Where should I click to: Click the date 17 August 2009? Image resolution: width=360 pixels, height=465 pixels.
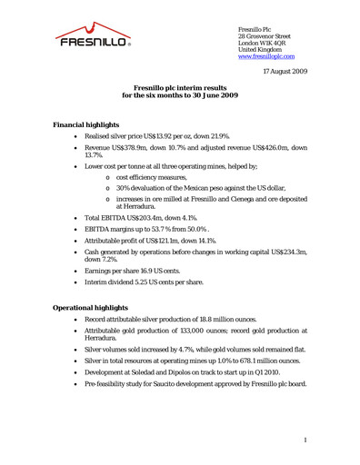coord(285,70)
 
